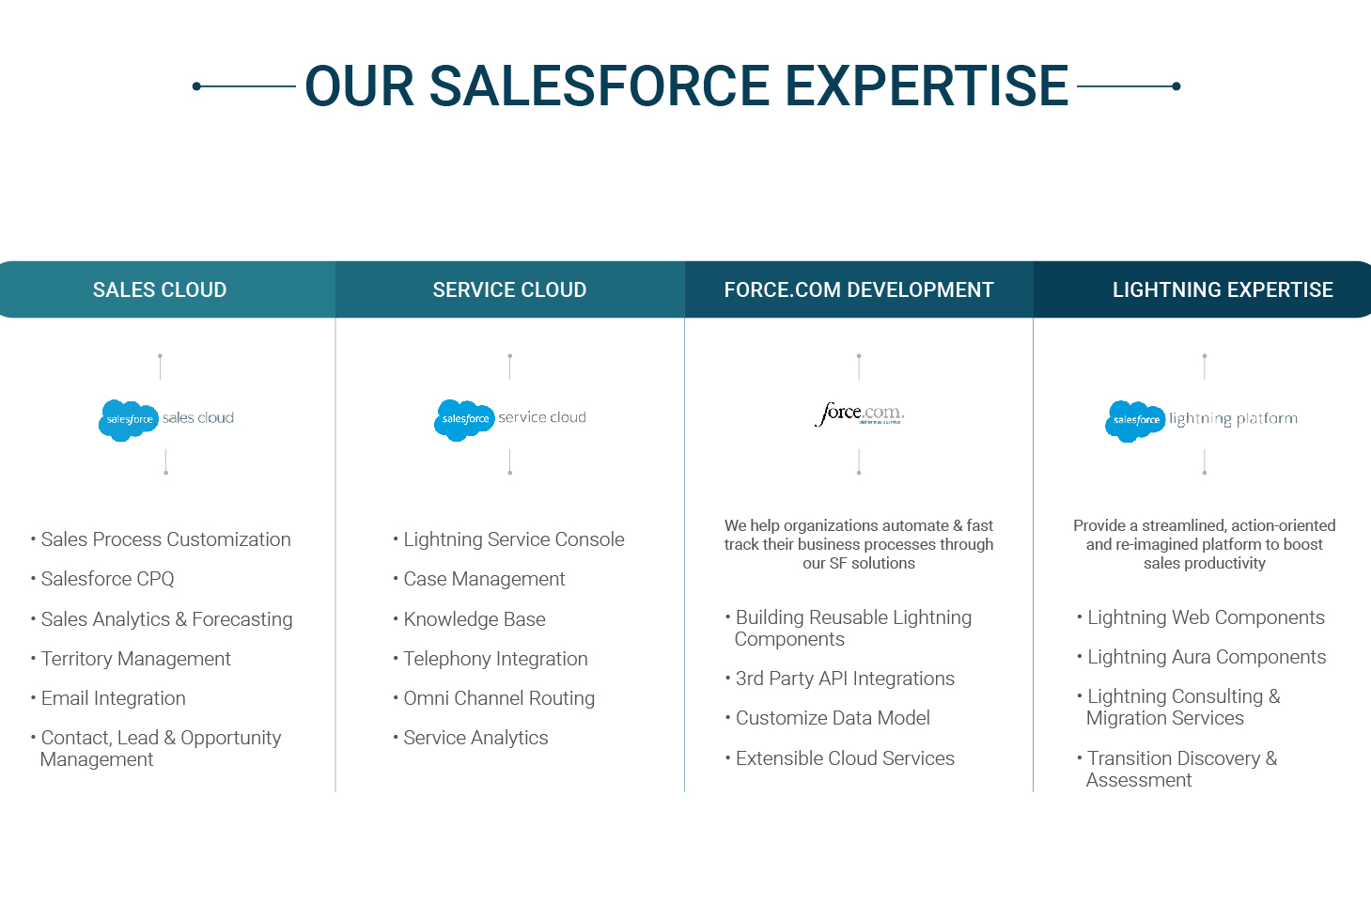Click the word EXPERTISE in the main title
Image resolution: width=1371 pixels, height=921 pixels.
coord(926,86)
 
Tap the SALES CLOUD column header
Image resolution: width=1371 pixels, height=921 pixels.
coord(160,289)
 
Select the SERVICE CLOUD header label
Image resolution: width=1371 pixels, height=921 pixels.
coord(509,289)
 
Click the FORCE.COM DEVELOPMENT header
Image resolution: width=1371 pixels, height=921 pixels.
coord(859,289)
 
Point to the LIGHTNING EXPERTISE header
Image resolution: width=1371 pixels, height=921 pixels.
coord(1223,289)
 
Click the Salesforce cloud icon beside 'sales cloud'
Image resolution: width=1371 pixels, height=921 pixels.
coord(129,420)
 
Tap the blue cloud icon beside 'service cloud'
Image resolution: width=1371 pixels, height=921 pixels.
coord(464,420)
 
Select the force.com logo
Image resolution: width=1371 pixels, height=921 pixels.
coord(859,414)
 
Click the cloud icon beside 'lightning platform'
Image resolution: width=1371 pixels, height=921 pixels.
coord(1135,421)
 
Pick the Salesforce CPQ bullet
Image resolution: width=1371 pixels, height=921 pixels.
coord(102,579)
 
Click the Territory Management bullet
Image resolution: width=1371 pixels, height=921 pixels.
coord(131,659)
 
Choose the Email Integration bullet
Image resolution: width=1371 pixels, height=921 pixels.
coord(108,698)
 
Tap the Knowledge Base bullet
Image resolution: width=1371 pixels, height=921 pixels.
coord(470,619)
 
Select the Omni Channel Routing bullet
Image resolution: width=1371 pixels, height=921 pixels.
coord(494,698)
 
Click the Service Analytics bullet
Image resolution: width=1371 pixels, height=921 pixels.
coord(471,738)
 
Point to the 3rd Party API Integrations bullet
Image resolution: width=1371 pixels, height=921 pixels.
coord(840,679)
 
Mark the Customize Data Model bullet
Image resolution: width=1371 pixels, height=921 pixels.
coord(828,718)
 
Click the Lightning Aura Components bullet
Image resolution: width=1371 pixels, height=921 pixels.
coord(1202,657)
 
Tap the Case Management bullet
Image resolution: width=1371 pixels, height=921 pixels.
coord(479,579)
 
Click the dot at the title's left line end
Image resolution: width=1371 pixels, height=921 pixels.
coord(196,86)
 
